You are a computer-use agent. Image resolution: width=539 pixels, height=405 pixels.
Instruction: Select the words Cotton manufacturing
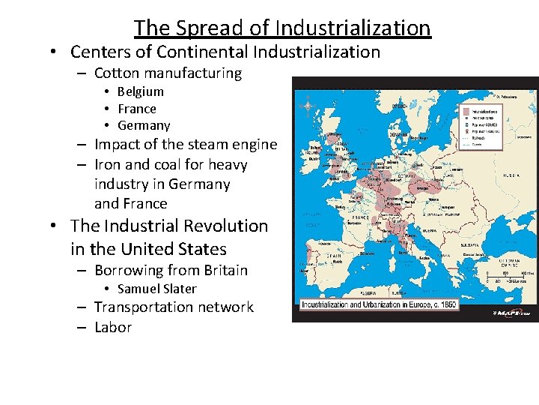(168, 73)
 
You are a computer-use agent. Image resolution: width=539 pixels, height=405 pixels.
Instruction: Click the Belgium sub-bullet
(140, 91)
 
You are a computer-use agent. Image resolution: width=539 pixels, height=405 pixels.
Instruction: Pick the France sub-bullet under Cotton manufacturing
(137, 109)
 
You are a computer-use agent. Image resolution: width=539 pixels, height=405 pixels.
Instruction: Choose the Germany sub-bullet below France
(144, 125)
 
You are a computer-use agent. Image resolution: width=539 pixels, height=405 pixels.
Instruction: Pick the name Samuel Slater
(157, 289)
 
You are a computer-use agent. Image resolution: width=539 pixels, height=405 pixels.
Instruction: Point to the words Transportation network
(174, 307)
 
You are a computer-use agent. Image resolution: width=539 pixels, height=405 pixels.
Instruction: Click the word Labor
(113, 327)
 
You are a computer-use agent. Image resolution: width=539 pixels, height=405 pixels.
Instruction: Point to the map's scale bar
(506, 277)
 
